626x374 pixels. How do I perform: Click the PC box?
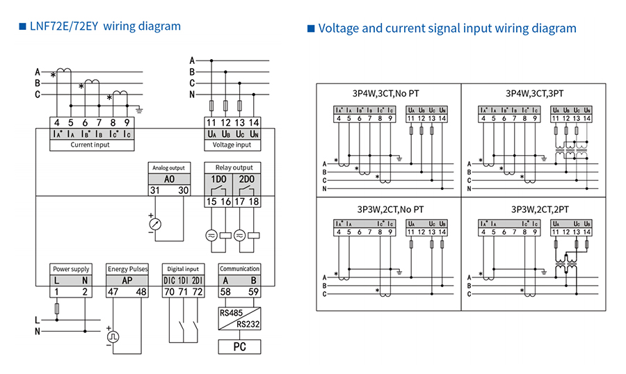239,346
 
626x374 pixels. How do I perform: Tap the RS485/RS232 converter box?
239,318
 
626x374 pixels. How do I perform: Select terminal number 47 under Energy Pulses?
113,293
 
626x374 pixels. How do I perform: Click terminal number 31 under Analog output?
155,190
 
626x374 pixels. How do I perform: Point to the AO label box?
169,179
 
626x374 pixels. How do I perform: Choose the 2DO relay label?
246,179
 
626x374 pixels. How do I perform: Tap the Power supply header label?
71,268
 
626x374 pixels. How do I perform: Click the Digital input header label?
183,268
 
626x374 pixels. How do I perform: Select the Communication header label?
239,268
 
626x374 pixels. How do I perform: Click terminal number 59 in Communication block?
254,293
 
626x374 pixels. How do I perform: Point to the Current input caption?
91,145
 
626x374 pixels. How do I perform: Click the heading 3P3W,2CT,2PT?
540,209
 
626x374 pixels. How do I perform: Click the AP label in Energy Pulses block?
127,280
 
